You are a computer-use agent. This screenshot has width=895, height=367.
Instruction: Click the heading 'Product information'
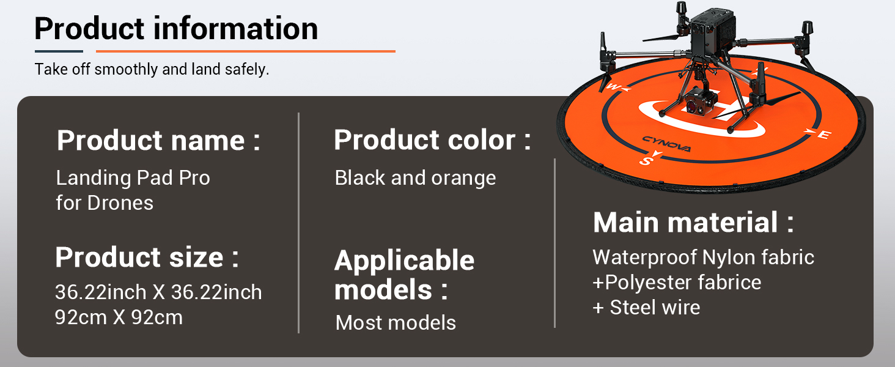click(176, 28)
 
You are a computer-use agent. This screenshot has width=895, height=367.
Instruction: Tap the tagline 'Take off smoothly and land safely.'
click(152, 69)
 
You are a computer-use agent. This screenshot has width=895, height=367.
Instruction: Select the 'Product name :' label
click(158, 140)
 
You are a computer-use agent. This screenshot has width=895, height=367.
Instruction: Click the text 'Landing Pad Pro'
click(133, 177)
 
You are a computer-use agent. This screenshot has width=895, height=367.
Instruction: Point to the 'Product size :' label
click(147, 257)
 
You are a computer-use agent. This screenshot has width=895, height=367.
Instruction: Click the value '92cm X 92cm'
click(119, 317)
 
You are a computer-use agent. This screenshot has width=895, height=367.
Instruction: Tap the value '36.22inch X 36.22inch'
click(158, 292)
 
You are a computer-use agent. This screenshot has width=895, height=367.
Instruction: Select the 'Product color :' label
click(433, 140)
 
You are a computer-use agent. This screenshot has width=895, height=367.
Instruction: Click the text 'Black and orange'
click(416, 178)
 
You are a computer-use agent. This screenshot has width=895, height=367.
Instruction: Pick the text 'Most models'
click(396, 322)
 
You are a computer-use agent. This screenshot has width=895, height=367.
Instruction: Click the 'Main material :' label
click(693, 222)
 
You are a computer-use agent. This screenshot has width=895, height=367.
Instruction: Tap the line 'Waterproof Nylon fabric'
click(703, 257)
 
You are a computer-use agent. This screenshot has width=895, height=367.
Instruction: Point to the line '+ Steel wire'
click(646, 308)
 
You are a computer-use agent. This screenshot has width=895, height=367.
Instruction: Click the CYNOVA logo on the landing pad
click(666, 144)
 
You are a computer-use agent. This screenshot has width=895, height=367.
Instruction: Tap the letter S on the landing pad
click(646, 161)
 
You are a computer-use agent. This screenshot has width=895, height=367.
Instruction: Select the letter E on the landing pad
click(824, 135)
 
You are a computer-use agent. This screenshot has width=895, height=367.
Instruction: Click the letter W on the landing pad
click(613, 86)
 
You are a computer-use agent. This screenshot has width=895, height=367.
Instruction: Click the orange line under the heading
click(246, 51)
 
